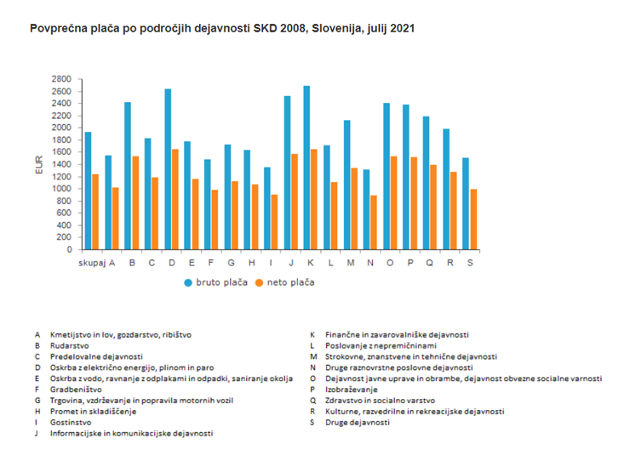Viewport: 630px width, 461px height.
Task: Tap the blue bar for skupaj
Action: (x=88, y=191)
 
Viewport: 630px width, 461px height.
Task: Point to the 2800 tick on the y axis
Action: (x=60, y=79)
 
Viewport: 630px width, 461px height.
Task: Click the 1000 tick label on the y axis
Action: (x=60, y=189)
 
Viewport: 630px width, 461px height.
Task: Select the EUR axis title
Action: (x=38, y=165)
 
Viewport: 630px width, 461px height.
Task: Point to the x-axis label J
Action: (x=291, y=263)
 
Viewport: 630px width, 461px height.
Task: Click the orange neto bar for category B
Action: (x=136, y=203)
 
